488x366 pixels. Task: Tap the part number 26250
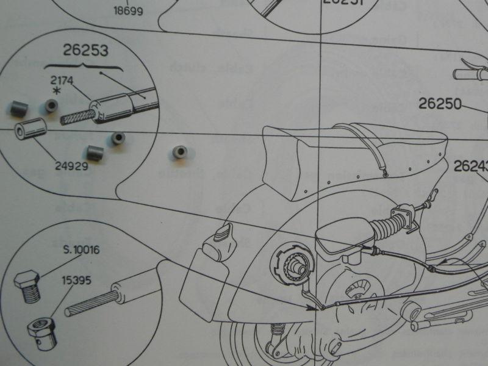pyautogui.click(x=440, y=104)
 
